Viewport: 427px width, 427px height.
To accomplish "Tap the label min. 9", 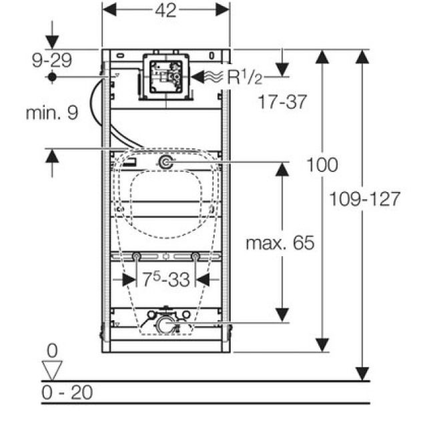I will [51, 113].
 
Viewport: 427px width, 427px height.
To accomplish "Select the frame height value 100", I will [322, 164].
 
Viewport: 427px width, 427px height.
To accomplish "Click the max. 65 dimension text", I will [279, 243].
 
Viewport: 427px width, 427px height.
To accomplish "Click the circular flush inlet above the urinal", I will [165, 162].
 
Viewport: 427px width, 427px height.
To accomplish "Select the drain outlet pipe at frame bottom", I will [164, 326].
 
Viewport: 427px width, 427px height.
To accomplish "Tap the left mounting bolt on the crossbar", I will [136, 257].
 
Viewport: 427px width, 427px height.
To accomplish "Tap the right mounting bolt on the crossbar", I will [195, 257].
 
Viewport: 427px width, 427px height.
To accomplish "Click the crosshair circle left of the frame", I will [51, 77].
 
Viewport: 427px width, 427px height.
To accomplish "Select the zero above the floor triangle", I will [51, 350].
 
